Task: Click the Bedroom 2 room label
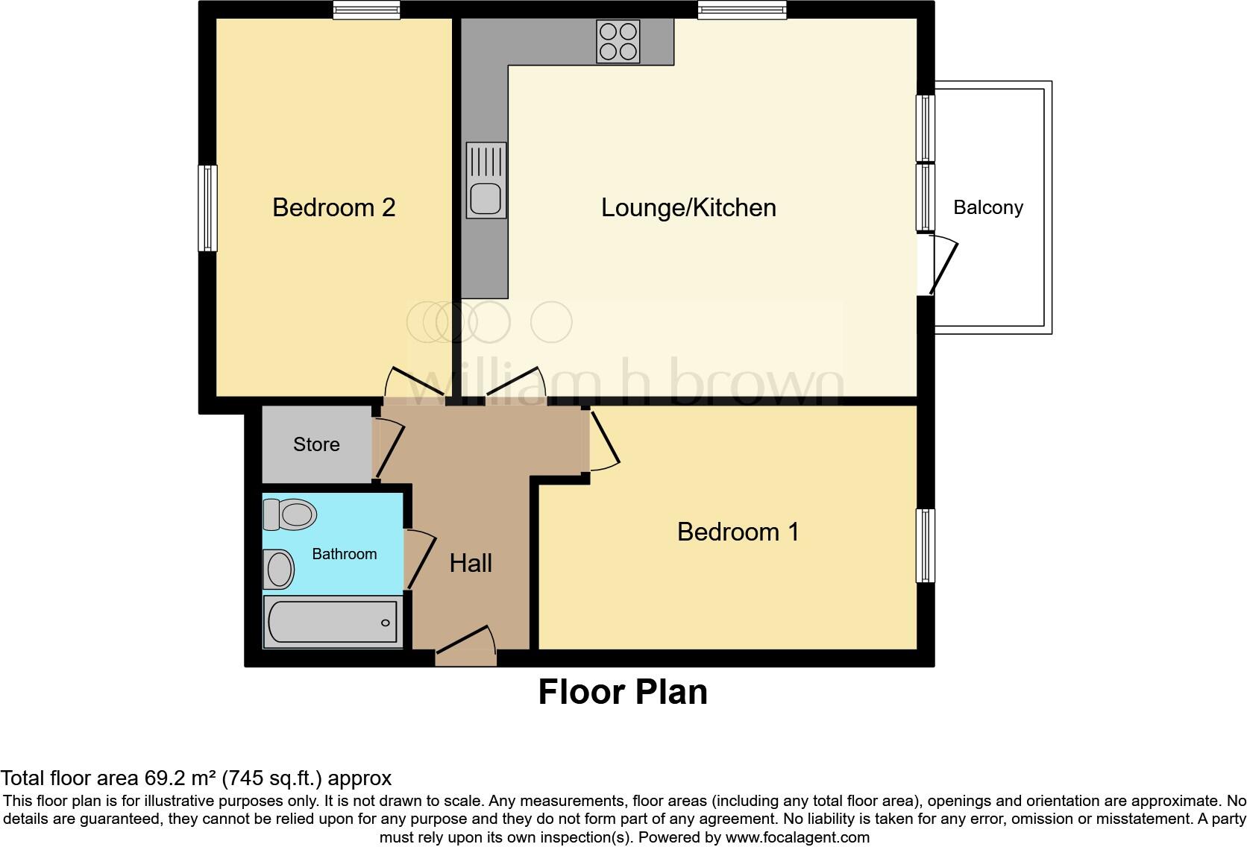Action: pos(333,207)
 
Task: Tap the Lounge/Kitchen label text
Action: pos(688,207)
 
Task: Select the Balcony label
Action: pos(987,207)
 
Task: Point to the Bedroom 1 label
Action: pos(738,532)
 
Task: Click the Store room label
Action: pos(316,444)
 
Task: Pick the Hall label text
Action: pos(471,563)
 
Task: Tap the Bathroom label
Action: pos(344,554)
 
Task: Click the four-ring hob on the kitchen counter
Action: pos(618,41)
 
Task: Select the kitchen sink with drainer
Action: pos(486,180)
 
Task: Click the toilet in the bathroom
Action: pos(290,514)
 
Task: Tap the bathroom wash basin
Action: pos(279,569)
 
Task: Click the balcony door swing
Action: pos(941,265)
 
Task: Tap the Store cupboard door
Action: pos(389,450)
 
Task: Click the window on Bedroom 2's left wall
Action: pos(207,208)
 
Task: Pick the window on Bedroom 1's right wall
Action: pos(926,545)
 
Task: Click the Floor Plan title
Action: pos(623,692)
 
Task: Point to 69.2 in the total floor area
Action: pos(163,778)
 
